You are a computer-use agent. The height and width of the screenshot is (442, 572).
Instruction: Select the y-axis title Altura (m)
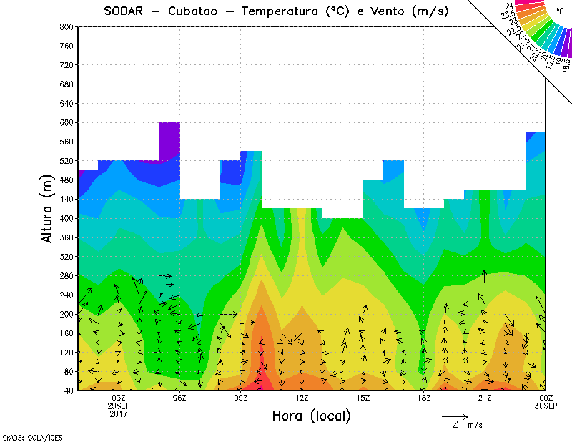click(48, 207)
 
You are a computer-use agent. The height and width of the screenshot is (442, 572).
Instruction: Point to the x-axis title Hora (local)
click(312, 416)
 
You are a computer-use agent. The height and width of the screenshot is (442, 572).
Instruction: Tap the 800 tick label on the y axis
click(66, 26)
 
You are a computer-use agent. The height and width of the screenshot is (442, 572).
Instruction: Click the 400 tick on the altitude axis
click(66, 218)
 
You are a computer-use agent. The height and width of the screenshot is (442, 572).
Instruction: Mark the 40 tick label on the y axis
click(68, 391)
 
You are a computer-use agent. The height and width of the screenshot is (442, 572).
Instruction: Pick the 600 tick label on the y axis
click(66, 122)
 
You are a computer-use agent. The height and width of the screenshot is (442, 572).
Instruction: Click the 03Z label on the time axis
click(119, 398)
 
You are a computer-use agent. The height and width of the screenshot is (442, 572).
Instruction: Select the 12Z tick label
click(302, 398)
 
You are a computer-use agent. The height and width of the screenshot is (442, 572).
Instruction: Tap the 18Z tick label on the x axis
click(424, 398)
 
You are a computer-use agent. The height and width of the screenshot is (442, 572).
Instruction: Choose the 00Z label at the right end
click(546, 398)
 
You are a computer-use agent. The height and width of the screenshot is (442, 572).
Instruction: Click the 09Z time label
click(241, 398)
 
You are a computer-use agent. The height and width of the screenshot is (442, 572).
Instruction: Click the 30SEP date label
click(546, 406)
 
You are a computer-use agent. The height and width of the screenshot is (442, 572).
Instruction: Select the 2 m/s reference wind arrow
click(455, 416)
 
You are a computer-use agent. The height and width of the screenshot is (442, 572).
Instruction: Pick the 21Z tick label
click(485, 398)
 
